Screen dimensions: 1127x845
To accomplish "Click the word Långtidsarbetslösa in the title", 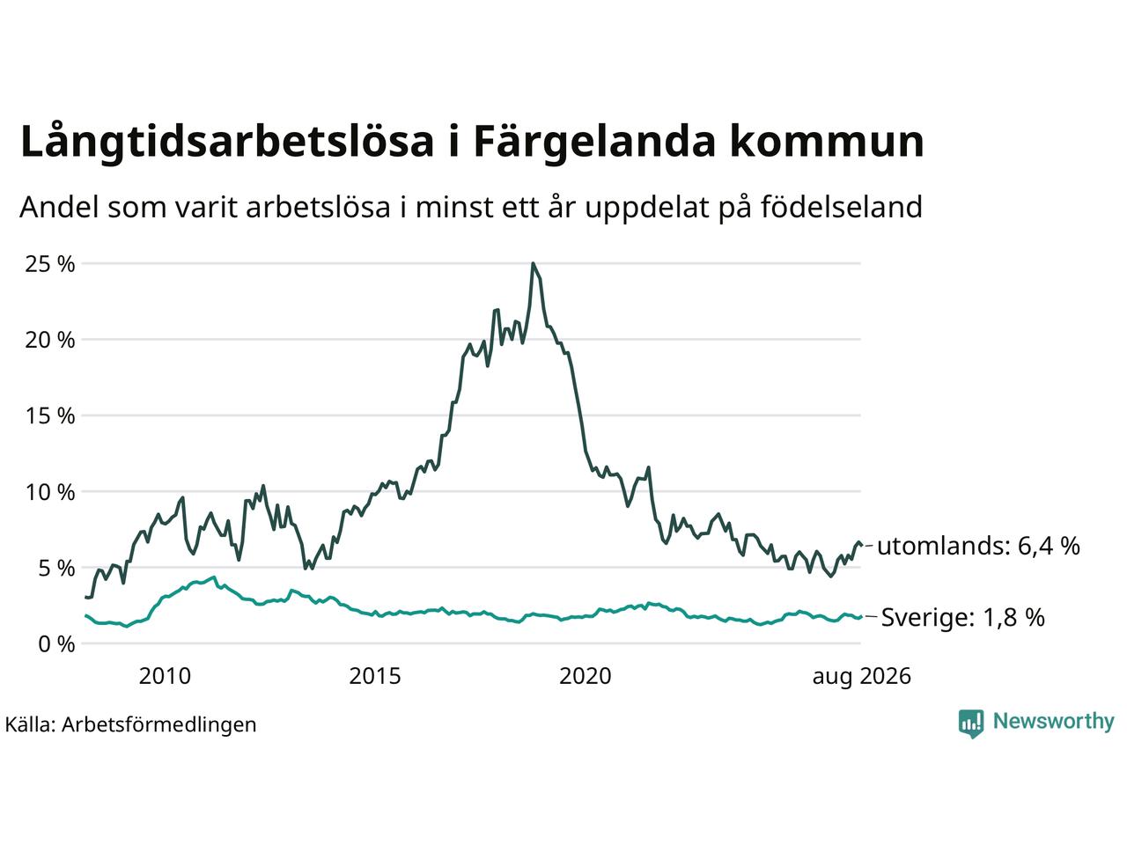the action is [227, 142].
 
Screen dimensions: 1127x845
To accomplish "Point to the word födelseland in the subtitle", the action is [842, 207].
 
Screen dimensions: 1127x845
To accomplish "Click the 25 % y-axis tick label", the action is [50, 264].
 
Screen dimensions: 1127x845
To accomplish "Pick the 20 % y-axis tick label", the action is [50, 340].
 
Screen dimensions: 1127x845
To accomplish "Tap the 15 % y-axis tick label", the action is [50, 415].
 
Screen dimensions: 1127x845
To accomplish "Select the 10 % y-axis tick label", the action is [50, 492].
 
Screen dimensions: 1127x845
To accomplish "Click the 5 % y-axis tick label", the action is [56, 568].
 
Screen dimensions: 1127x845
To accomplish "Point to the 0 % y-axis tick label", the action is [56, 644].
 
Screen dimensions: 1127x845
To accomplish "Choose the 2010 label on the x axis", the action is [165, 676].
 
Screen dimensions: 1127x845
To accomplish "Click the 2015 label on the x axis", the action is [375, 676].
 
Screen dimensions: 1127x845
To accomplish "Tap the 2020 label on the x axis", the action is [586, 676].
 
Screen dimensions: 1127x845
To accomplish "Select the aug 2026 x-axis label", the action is [862, 677].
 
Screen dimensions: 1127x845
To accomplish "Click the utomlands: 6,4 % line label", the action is [978, 546].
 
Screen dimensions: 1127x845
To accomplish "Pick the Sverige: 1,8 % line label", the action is [962, 617].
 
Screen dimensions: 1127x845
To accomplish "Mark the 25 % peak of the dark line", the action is [533, 264].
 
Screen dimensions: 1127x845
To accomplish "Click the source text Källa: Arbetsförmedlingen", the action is [130, 725].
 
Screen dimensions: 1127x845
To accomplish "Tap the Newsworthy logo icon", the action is [971, 724].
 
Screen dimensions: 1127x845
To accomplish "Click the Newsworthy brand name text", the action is [1054, 722].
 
